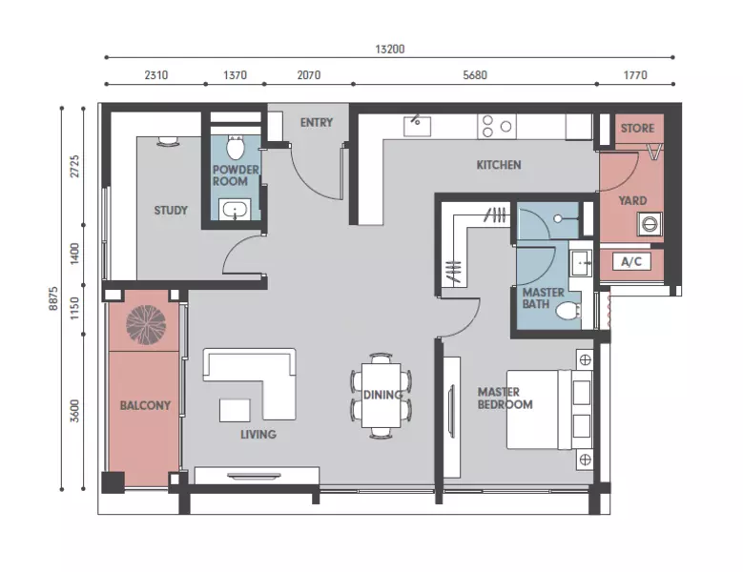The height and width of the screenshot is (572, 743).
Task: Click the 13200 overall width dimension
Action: tap(390, 50)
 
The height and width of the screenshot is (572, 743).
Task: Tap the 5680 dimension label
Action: tap(475, 75)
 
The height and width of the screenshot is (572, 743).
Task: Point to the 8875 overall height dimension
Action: tap(53, 298)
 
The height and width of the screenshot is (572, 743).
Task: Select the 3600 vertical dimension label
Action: tap(74, 411)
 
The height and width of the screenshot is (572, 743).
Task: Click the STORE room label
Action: tap(637, 129)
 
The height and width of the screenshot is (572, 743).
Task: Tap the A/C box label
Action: tap(631, 261)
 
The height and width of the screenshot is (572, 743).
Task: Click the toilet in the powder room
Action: tap(235, 146)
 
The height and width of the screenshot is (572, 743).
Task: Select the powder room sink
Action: tap(235, 210)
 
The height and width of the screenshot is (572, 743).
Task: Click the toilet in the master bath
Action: tap(568, 311)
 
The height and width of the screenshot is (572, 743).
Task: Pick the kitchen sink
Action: tap(417, 126)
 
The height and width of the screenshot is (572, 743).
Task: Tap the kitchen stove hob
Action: tap(497, 127)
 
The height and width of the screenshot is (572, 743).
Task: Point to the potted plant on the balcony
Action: tap(146, 325)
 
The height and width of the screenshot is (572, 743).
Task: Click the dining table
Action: tap(381, 395)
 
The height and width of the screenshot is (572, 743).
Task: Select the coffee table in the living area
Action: tap(235, 410)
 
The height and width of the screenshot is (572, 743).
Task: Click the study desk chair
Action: tap(168, 141)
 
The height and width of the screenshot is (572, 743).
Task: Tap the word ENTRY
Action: tap(317, 123)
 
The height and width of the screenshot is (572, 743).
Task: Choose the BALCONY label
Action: tap(145, 406)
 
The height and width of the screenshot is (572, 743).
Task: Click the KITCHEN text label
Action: tap(499, 165)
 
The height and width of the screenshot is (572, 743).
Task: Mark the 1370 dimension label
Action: tap(235, 75)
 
